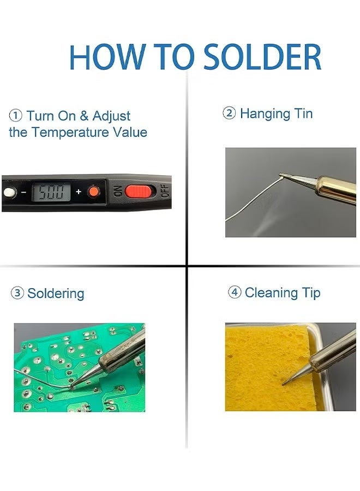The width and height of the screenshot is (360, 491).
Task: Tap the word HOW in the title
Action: click(x=107, y=57)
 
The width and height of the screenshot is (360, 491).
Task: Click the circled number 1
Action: click(x=16, y=116)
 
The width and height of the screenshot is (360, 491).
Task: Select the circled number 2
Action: click(x=229, y=113)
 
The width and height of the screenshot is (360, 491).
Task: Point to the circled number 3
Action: click(x=17, y=294)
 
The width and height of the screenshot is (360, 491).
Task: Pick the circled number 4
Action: click(x=234, y=292)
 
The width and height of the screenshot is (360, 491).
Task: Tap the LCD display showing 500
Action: click(x=51, y=192)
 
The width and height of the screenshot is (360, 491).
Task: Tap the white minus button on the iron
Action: click(x=9, y=193)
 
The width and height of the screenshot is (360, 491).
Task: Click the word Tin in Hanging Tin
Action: click(x=303, y=113)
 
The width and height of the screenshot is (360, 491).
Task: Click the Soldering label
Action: click(x=56, y=294)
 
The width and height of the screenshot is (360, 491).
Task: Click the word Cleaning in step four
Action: click(x=271, y=292)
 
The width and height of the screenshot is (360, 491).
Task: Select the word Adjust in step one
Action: click(x=111, y=116)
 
